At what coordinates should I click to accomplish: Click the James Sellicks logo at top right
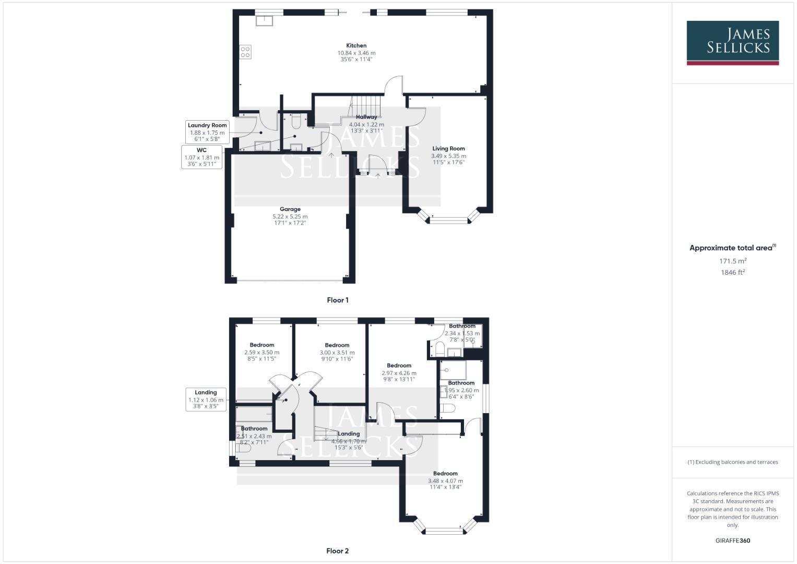(732, 42)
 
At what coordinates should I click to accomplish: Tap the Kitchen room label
(356, 46)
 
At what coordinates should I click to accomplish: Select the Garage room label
(290, 209)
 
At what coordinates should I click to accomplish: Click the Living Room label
(448, 149)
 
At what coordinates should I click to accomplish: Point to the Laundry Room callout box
(207, 132)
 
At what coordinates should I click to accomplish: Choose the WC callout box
(201, 157)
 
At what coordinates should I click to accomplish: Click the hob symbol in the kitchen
(245, 52)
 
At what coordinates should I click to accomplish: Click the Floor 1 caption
(337, 300)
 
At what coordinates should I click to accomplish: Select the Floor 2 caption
(337, 551)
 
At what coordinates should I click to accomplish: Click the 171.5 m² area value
(732, 261)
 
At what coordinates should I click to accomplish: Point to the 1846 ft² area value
(732, 273)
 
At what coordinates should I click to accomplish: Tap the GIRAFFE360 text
(732, 540)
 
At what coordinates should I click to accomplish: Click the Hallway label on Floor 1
(366, 118)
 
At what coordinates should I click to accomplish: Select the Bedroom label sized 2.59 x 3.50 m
(261, 345)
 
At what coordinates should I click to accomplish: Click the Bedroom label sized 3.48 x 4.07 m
(445, 474)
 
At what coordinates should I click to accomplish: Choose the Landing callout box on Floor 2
(206, 399)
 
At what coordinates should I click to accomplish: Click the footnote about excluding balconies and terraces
(732, 462)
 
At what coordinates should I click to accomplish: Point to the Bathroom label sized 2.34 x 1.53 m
(462, 326)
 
